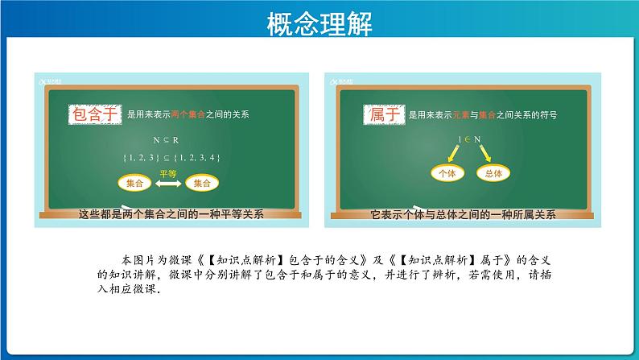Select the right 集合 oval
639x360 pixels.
click(x=202, y=184)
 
